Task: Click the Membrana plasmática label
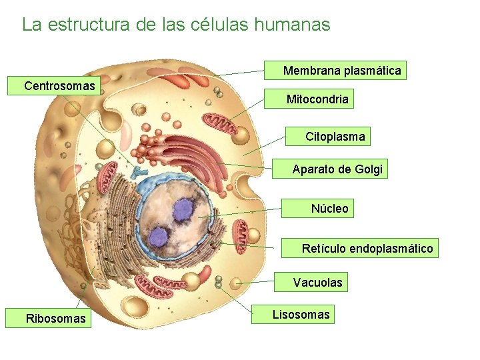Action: (x=342, y=70)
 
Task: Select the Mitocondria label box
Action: (x=317, y=99)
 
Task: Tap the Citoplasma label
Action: (x=335, y=137)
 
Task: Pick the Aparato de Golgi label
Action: (x=337, y=169)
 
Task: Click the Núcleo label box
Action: (x=329, y=209)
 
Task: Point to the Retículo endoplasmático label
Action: (x=367, y=249)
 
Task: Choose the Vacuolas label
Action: (x=317, y=283)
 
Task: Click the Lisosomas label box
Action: (x=301, y=315)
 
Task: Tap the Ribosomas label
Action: (x=55, y=319)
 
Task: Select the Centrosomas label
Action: (x=59, y=86)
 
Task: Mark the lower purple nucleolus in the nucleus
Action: (x=159, y=236)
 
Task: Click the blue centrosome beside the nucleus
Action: (x=139, y=173)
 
